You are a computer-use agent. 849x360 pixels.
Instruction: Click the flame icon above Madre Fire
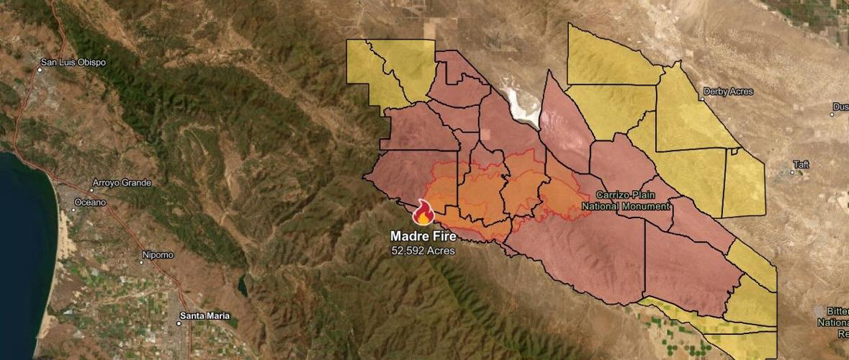(x=423, y=212)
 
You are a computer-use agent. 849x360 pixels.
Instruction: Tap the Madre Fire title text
(x=423, y=235)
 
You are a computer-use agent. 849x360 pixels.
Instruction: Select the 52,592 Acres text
(x=423, y=251)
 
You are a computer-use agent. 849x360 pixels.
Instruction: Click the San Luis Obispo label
(x=73, y=63)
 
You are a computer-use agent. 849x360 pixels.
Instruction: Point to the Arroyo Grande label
(x=122, y=183)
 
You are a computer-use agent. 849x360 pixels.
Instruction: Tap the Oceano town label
(x=90, y=202)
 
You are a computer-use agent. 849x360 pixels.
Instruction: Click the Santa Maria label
(x=205, y=316)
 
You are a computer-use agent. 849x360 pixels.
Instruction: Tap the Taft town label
(x=801, y=165)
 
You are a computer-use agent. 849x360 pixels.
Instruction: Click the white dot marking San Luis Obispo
(x=39, y=69)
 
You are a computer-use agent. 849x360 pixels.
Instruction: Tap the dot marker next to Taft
(x=790, y=171)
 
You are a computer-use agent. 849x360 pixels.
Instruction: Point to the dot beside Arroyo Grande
(x=93, y=189)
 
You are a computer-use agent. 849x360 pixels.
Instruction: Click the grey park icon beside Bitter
(x=818, y=311)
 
